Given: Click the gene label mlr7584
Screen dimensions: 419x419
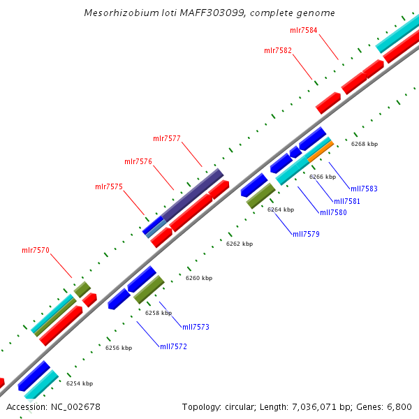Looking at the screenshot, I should [303, 31].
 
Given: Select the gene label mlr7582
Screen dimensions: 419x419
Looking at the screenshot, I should [278, 50].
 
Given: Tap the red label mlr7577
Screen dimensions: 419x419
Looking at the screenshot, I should [167, 139].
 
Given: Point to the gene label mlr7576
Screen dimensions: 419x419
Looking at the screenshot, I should [138, 162].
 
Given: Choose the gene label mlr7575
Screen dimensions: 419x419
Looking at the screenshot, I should [109, 186].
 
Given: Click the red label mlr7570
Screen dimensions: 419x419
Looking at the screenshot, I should [36, 250].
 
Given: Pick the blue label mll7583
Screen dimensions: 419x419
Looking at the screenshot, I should [364, 189].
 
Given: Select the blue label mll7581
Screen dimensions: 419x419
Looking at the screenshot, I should [347, 201].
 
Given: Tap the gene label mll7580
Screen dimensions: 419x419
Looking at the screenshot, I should [333, 212].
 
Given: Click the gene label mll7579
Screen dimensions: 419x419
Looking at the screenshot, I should [306, 234].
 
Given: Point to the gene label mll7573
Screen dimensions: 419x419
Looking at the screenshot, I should [196, 327].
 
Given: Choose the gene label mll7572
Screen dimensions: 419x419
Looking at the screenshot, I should [173, 346].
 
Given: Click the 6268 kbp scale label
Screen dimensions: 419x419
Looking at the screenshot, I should [365, 144].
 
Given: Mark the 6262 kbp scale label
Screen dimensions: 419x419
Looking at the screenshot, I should [240, 244].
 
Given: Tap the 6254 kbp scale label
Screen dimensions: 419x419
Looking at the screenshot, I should [80, 383].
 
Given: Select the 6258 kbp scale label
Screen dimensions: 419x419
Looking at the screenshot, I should [159, 313].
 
